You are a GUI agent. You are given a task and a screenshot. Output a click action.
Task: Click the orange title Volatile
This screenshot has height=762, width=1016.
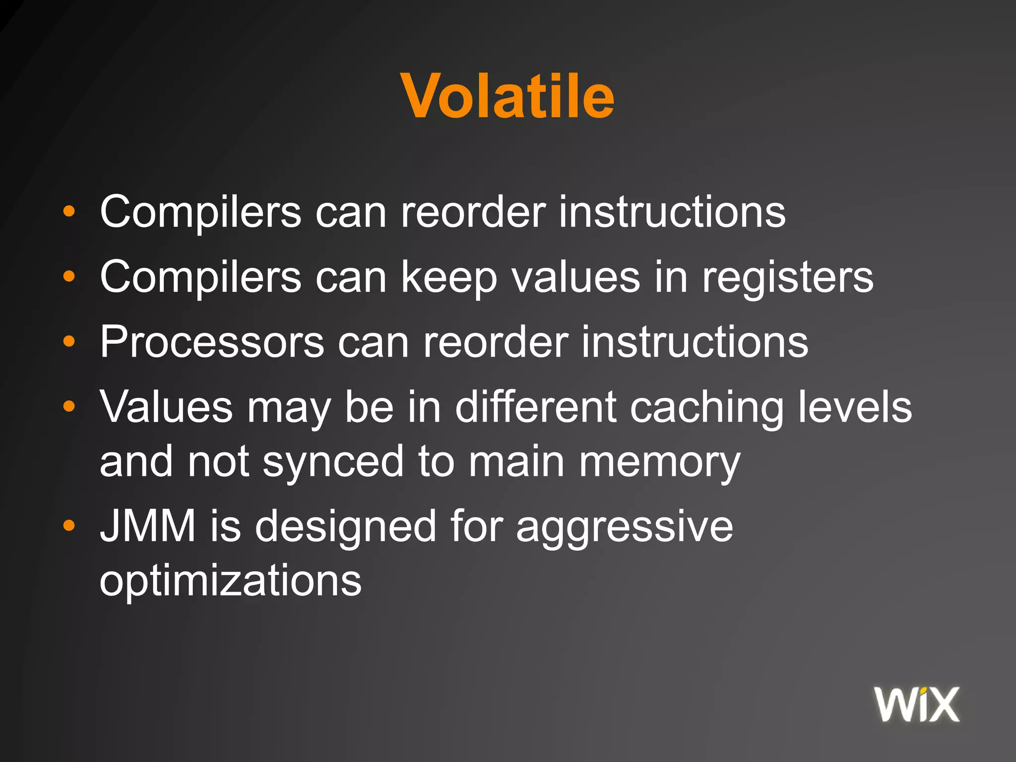click(x=508, y=96)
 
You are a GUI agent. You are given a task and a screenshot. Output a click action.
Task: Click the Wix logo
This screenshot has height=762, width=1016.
click(x=917, y=704)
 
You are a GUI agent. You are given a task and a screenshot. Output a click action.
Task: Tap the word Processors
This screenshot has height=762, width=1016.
click(x=212, y=342)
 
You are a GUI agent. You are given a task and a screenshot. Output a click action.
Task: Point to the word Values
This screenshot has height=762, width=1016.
click(x=166, y=407)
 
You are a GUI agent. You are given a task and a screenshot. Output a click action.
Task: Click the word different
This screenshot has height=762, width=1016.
click(x=536, y=407)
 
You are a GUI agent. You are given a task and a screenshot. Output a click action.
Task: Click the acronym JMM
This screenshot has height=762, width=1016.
click(x=148, y=526)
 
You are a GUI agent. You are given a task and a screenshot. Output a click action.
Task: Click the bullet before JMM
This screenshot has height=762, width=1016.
click(x=69, y=525)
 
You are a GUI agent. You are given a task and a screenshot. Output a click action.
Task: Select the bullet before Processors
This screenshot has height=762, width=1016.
click(x=69, y=341)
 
